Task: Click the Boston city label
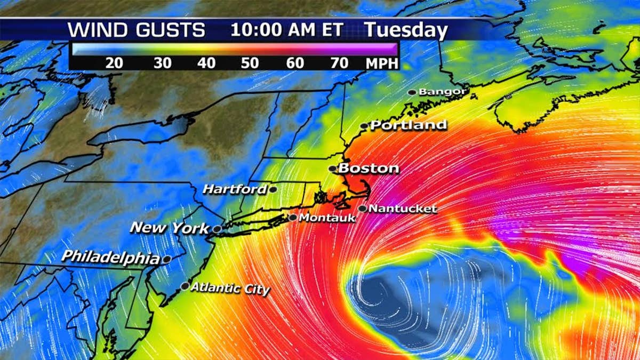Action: [369, 169]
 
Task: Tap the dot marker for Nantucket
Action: [363, 209]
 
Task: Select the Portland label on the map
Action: [409, 125]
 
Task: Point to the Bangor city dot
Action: [412, 92]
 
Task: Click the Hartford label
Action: [235, 189]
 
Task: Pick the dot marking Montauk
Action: [293, 218]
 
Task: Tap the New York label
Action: [170, 228]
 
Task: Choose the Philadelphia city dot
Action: [166, 259]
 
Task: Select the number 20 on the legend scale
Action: [115, 63]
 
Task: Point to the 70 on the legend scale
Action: [340, 63]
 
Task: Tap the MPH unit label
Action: [381, 63]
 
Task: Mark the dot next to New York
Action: [218, 229]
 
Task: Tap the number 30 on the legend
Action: [162, 63]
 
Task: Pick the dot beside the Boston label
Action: [332, 169]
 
